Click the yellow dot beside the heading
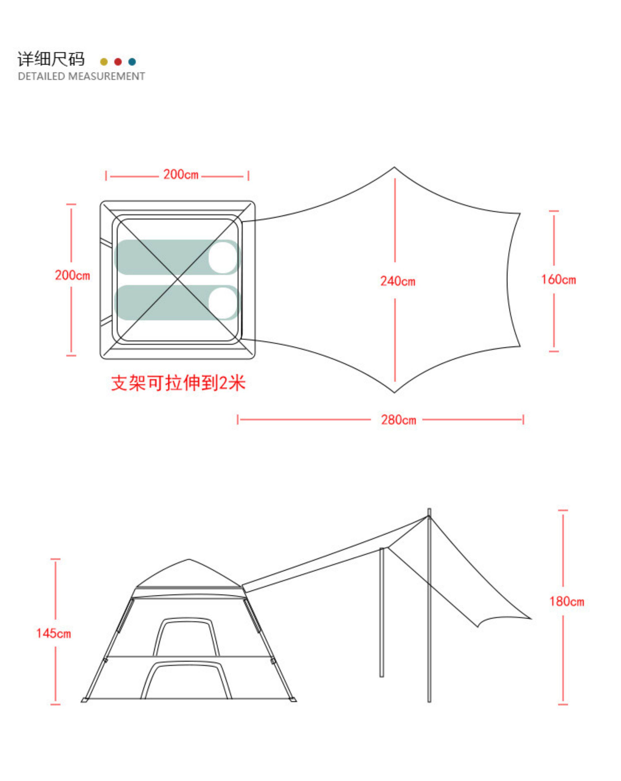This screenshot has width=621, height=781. pos(104,62)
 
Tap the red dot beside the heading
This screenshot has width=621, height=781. pos(118,62)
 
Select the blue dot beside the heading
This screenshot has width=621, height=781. pos(132,62)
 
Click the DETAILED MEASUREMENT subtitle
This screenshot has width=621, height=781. pos(81,76)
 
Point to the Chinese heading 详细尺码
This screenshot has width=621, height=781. pos(51,59)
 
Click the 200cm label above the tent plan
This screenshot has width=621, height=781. pos(181,175)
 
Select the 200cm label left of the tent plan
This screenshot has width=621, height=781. pos(72,275)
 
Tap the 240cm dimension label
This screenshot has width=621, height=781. pos(397,281)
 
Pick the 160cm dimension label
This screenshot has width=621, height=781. pos(558,280)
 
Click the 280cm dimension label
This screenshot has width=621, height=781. pos(398,420)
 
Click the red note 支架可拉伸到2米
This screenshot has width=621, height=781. pos(178,383)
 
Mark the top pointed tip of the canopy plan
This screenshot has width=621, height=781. pos(394,168)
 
